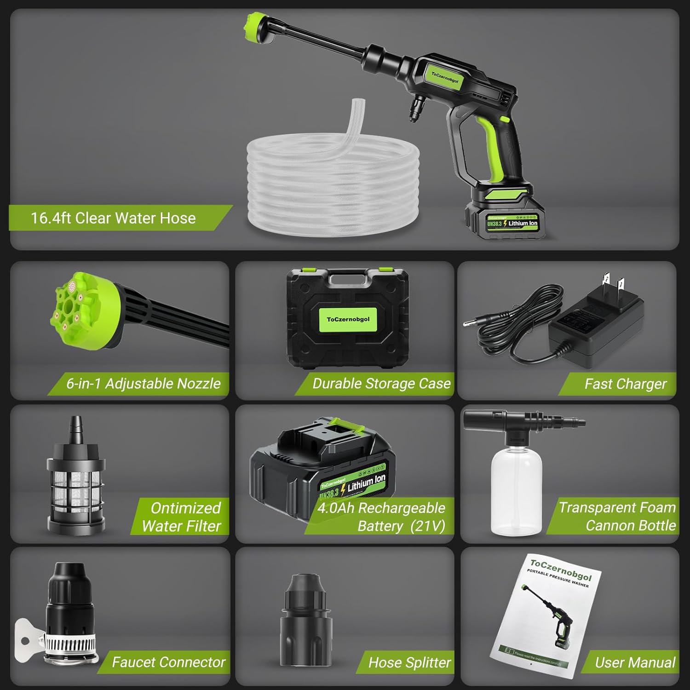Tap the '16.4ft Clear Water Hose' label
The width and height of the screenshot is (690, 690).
pyautogui.click(x=113, y=218)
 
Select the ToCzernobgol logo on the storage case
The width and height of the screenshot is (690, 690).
pyautogui.click(x=348, y=319)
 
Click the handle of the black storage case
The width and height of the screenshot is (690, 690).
pyautogui.click(x=348, y=279)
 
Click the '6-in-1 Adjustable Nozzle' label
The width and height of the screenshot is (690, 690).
pyautogui.click(x=143, y=384)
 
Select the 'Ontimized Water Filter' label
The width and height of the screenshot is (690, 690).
pyautogui.click(x=181, y=517)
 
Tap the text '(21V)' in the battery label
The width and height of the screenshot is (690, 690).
pyautogui.click(x=428, y=526)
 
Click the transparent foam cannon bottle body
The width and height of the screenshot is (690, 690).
pyautogui.click(x=516, y=490)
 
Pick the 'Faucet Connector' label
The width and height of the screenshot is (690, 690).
pyautogui.click(x=168, y=662)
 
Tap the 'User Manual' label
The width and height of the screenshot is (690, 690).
pyautogui.click(x=635, y=662)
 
